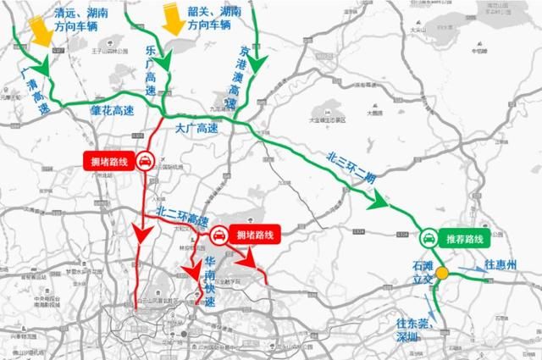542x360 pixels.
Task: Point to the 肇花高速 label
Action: tap(112, 110)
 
